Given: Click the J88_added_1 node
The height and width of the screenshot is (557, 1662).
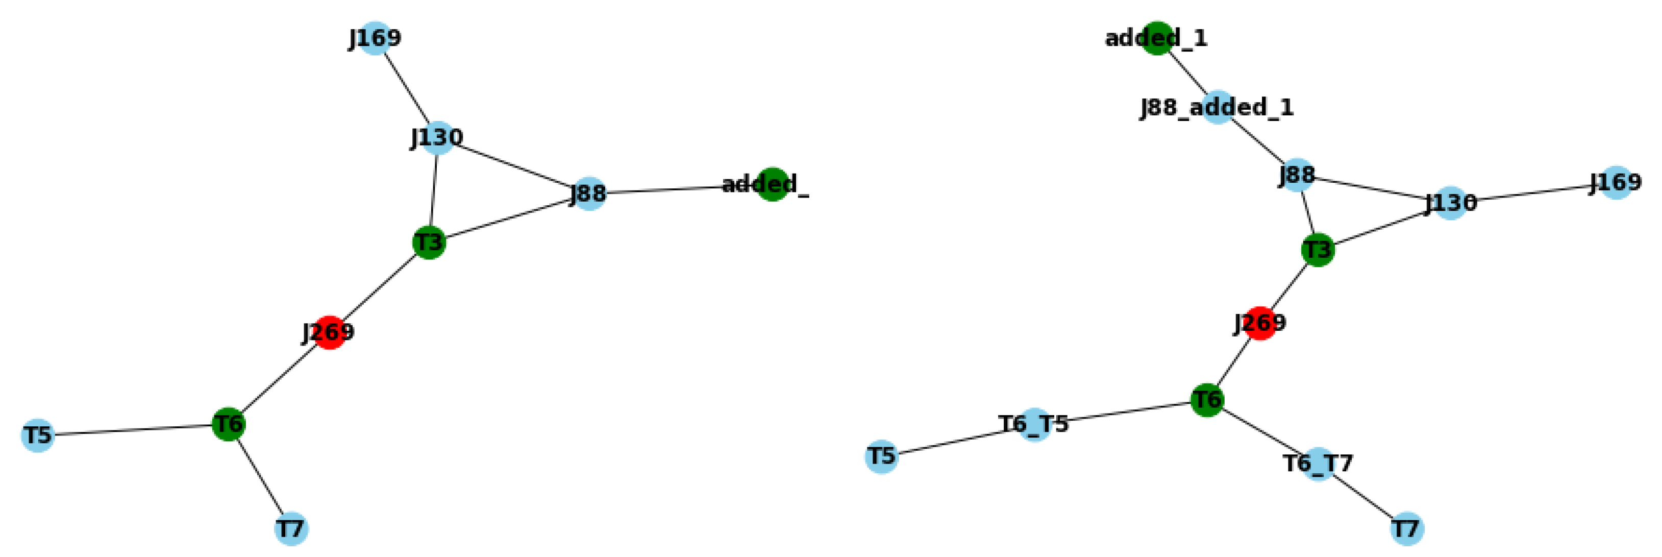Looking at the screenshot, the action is (1217, 107).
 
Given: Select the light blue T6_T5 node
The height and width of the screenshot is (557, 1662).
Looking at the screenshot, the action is (1034, 425).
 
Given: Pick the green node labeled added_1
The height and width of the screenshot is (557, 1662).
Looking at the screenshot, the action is (1157, 38).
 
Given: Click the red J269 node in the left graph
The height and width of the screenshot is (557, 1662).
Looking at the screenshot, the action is (330, 332).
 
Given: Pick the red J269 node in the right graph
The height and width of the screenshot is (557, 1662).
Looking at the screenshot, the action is (1259, 323).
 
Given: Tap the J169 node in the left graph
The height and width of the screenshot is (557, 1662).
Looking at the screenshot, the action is (375, 38).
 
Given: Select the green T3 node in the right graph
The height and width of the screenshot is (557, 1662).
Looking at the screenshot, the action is (1318, 250).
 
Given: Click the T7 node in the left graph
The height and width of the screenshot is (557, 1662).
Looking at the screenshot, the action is (291, 528).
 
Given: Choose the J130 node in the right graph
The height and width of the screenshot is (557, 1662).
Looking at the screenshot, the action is (1450, 203).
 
